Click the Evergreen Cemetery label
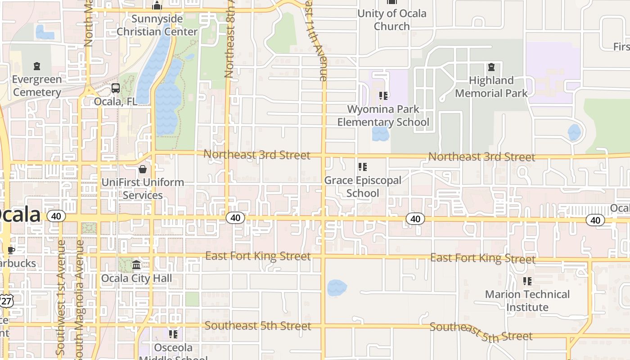tap(36, 86)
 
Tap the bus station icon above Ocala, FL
tap(116, 88)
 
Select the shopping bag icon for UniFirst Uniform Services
tap(143, 169)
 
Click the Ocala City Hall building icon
tap(136, 265)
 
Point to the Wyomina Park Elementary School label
tap(383, 116)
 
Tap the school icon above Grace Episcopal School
tap(363, 167)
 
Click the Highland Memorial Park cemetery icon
tap(491, 67)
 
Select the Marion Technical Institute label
tap(527, 301)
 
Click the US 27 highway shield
tap(6, 300)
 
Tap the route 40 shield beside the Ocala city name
tap(56, 216)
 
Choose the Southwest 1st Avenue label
tap(61, 297)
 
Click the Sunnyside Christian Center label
tap(157, 25)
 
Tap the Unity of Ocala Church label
tap(392, 20)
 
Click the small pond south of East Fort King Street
tap(337, 288)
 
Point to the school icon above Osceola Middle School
tap(173, 334)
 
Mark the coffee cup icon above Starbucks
tap(11, 250)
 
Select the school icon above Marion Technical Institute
tap(527, 282)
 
